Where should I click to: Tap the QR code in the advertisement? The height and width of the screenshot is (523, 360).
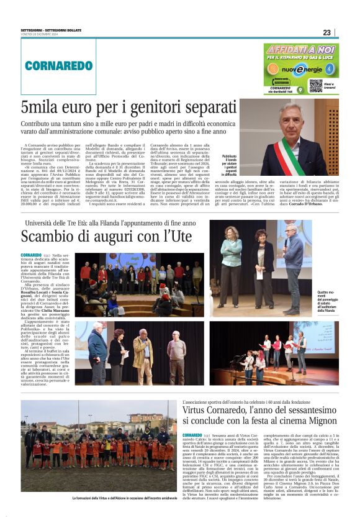317,84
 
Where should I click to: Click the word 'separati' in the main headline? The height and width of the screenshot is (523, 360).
202,106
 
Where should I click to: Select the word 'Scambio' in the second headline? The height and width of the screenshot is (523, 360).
50,237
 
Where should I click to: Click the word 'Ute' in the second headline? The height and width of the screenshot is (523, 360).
179,237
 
